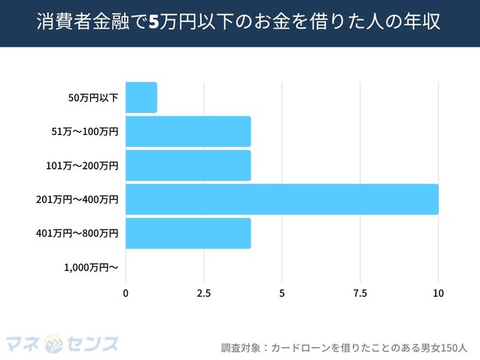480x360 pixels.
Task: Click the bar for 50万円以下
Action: [x=141, y=97]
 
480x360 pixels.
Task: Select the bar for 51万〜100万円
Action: [x=188, y=131]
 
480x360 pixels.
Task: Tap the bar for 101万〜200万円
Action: [x=188, y=165]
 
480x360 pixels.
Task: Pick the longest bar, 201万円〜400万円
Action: [x=282, y=199]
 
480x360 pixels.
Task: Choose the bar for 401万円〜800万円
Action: [x=188, y=233]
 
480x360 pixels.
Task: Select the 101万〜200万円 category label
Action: [x=80, y=165]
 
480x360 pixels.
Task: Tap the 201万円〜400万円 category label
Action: [x=76, y=199]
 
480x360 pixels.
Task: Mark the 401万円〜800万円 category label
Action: [x=76, y=233]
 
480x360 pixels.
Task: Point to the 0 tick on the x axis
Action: [x=126, y=294]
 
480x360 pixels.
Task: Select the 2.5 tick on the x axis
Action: [x=204, y=294]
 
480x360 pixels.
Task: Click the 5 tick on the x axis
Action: [x=282, y=294]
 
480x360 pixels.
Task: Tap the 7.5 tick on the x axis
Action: [x=360, y=294]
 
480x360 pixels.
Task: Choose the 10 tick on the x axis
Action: [x=439, y=294]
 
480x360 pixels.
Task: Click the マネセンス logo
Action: [x=62, y=343]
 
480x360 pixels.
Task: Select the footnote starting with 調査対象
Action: [x=344, y=345]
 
